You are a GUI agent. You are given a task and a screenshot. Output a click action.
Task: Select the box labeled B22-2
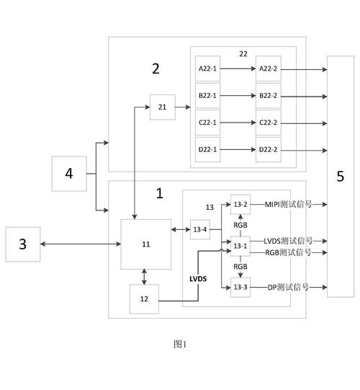268,94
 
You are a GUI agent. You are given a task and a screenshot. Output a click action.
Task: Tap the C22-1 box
208,122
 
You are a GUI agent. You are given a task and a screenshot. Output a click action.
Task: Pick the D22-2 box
268,149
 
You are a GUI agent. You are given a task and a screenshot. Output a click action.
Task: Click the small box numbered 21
162,107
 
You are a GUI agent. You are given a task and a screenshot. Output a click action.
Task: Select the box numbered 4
69,174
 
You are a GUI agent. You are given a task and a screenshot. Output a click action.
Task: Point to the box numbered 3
22,244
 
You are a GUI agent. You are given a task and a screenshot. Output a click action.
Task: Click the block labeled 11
146,244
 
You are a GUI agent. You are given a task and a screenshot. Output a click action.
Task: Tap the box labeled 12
144,298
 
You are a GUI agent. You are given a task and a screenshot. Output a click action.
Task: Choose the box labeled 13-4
200,229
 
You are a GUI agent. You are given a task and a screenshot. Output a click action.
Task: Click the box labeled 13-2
240,205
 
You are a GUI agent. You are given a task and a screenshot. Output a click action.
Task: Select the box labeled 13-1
240,247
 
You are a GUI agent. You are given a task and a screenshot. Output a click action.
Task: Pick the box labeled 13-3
240,288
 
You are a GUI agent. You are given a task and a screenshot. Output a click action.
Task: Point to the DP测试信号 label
288,287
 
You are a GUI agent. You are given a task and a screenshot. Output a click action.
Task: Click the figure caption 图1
180,344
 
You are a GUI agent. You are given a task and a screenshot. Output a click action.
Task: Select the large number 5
340,175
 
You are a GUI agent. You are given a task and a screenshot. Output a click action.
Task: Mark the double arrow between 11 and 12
145,276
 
